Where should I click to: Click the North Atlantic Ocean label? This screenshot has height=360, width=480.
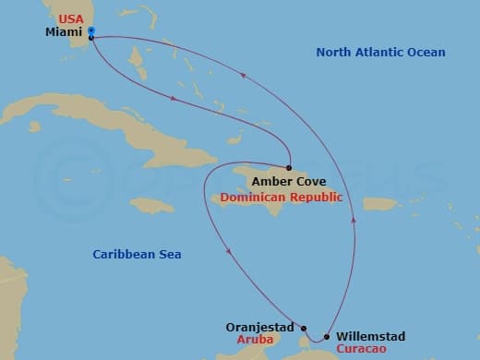point(380,53)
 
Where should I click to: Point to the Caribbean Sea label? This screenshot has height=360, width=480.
point(138,254)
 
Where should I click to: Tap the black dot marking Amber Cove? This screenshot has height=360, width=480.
point(289,168)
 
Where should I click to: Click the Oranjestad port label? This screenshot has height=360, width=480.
point(259,327)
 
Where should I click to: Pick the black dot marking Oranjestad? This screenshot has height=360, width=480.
point(302,326)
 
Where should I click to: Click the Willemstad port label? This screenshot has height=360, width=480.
point(370,337)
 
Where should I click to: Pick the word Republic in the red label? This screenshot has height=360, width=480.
point(313,198)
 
